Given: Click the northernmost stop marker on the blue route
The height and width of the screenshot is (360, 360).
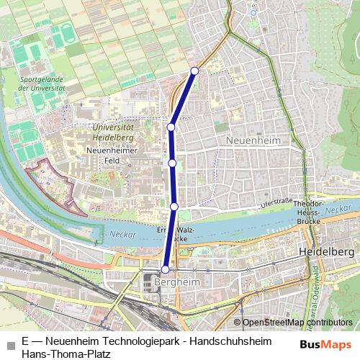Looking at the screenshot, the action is (x=194, y=71).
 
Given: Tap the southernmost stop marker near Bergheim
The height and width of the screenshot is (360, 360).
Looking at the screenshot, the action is (x=165, y=269).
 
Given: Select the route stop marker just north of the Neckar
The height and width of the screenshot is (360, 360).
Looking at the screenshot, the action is (x=174, y=207).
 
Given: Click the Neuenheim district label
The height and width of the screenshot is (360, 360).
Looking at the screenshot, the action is (x=251, y=140).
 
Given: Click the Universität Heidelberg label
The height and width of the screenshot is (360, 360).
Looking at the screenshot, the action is (x=114, y=131).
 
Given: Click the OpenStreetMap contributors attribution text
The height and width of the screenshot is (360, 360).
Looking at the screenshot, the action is (x=297, y=323).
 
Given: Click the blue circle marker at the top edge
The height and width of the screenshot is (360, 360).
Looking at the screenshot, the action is (x=253, y=12).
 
